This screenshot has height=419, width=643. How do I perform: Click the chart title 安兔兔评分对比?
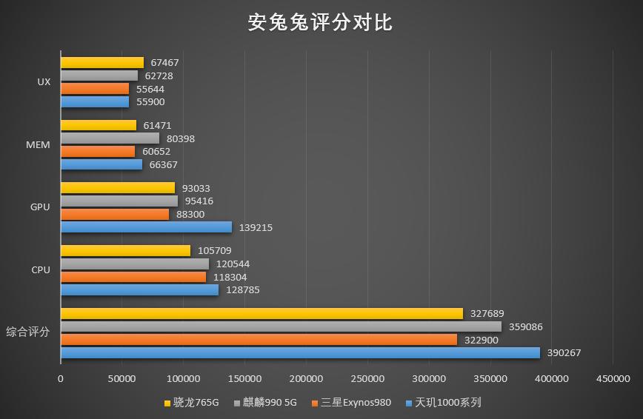click(x=320, y=23)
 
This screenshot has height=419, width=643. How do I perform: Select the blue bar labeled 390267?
click(x=300, y=353)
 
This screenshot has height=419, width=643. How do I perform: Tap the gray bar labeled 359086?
click(x=281, y=326)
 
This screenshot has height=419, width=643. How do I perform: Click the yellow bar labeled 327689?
click(x=261, y=314)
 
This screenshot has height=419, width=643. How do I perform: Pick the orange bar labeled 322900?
click(x=259, y=340)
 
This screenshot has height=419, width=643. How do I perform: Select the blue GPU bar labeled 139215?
click(x=146, y=227)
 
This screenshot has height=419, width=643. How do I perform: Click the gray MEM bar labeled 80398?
click(x=110, y=138)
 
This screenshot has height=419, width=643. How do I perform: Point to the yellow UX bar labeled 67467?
click(x=102, y=63)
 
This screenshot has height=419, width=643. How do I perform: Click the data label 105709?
click(x=214, y=251)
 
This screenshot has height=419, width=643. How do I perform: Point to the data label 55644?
click(x=150, y=89)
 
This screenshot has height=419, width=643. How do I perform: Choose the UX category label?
click(x=44, y=82)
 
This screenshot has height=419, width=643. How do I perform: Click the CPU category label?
click(x=41, y=270)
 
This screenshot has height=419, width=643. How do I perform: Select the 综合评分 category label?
click(x=28, y=332)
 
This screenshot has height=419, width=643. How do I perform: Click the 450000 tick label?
click(x=613, y=379)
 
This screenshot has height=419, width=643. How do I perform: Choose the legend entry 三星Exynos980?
click(x=353, y=403)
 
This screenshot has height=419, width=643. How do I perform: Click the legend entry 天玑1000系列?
click(x=443, y=403)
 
